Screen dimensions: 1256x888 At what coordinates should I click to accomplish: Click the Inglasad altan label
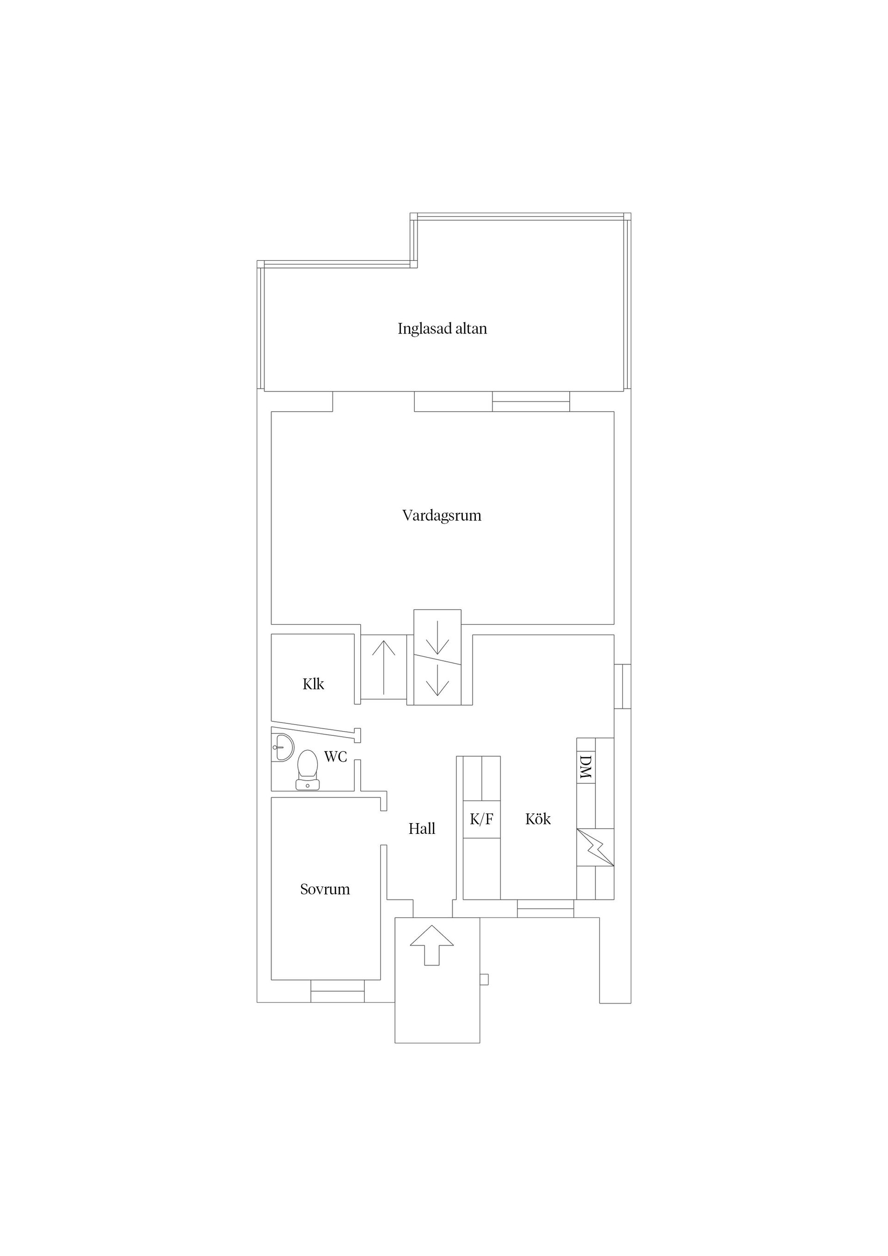tap(442, 329)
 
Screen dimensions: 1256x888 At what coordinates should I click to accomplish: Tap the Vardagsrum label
tap(442, 515)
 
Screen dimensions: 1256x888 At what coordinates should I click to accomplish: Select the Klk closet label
tap(313, 684)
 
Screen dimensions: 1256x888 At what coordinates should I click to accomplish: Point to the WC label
tap(335, 757)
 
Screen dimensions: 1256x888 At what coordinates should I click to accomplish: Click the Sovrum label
tap(325, 889)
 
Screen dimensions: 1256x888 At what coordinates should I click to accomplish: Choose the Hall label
tap(422, 829)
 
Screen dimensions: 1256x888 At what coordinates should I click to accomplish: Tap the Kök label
tap(538, 819)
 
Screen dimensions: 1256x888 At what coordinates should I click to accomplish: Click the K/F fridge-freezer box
tap(481, 819)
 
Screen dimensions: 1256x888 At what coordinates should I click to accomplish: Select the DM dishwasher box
tap(586, 766)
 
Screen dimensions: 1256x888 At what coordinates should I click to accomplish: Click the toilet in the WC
tap(308, 769)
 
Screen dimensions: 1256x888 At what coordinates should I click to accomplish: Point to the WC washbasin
tap(282, 747)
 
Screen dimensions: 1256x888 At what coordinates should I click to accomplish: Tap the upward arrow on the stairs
tap(383, 667)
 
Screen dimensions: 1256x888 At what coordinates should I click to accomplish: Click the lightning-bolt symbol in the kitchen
tap(595, 847)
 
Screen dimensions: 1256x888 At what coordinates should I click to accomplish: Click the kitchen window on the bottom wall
tap(545, 909)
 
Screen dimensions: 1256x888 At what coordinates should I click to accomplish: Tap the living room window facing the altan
tap(531, 401)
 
